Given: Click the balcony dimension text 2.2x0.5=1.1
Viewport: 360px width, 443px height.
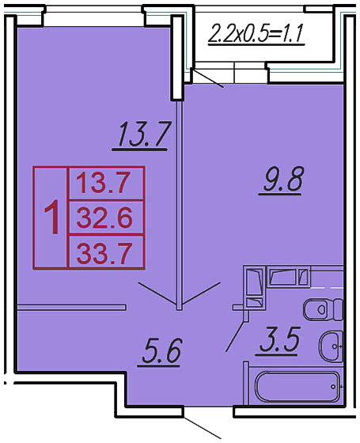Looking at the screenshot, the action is pyautogui.click(x=256, y=34).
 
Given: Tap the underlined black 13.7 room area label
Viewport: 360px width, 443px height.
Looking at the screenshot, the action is pyautogui.click(x=142, y=134).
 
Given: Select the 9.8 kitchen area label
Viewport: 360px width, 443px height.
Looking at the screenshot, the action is pyautogui.click(x=282, y=180).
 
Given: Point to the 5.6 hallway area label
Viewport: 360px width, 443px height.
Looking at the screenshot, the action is pyautogui.click(x=161, y=351).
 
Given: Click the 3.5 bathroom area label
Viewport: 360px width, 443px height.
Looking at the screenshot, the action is pyautogui.click(x=279, y=340).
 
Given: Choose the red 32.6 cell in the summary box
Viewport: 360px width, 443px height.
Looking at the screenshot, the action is pyautogui.click(x=104, y=218).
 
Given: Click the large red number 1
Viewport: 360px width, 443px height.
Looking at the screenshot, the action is pyautogui.click(x=52, y=217).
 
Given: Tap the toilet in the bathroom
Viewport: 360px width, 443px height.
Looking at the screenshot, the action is pyautogui.click(x=323, y=309).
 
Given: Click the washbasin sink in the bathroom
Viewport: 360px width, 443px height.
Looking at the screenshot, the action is pyautogui.click(x=332, y=346).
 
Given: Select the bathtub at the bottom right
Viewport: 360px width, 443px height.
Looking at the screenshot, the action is pyautogui.click(x=298, y=387).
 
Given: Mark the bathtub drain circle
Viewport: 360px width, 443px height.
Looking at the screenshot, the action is pyautogui.click(x=334, y=387).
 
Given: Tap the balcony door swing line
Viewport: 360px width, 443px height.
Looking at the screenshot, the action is pyautogui.click(x=207, y=78).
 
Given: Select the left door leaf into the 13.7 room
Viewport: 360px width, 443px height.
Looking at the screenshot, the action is pyautogui.click(x=157, y=293).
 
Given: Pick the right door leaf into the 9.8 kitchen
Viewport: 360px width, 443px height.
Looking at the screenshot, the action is pyautogui.click(x=201, y=293).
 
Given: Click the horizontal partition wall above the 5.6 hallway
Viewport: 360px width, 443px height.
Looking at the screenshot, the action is pyautogui.click(x=72, y=307).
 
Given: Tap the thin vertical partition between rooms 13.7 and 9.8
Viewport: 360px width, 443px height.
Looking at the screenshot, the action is pyautogui.click(x=179, y=206).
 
